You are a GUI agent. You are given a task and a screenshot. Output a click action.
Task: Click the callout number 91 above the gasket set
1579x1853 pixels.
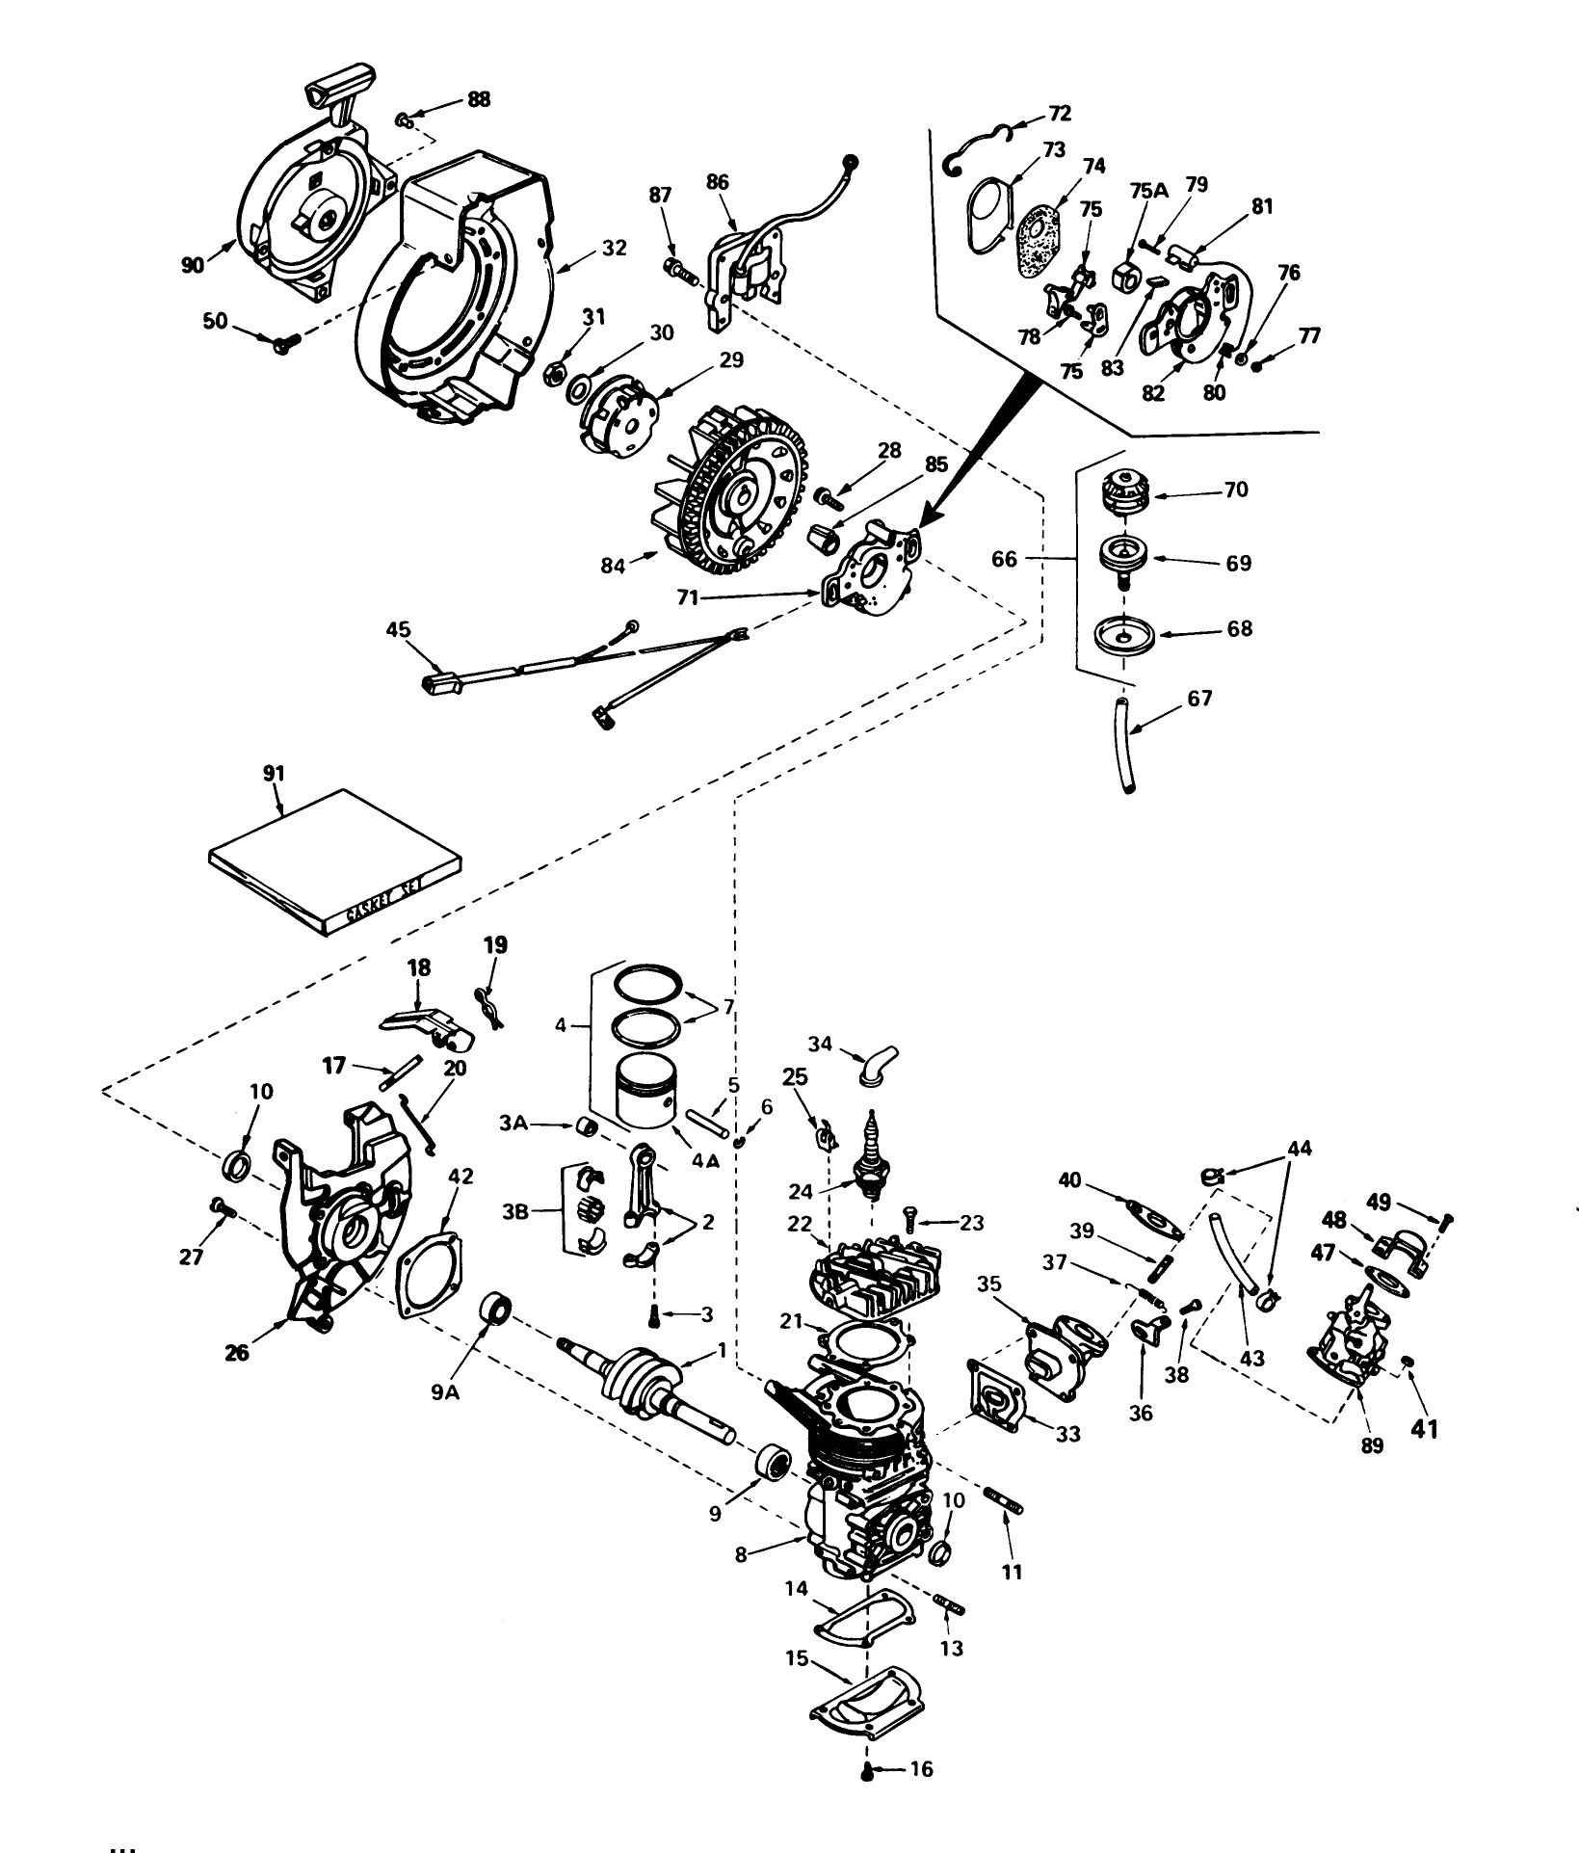(x=274, y=773)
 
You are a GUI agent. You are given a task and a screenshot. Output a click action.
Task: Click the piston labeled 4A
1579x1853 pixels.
(x=646, y=1089)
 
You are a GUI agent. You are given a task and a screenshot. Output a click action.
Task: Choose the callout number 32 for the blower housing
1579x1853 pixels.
(x=613, y=248)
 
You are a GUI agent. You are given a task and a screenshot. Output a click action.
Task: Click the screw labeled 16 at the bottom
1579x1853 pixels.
(x=867, y=1771)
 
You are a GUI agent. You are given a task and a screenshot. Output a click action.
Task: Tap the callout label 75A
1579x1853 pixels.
(x=1147, y=191)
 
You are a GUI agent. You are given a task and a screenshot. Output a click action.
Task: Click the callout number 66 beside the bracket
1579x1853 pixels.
(x=1004, y=559)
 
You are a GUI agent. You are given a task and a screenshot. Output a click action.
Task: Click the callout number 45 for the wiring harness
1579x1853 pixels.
(x=398, y=629)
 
